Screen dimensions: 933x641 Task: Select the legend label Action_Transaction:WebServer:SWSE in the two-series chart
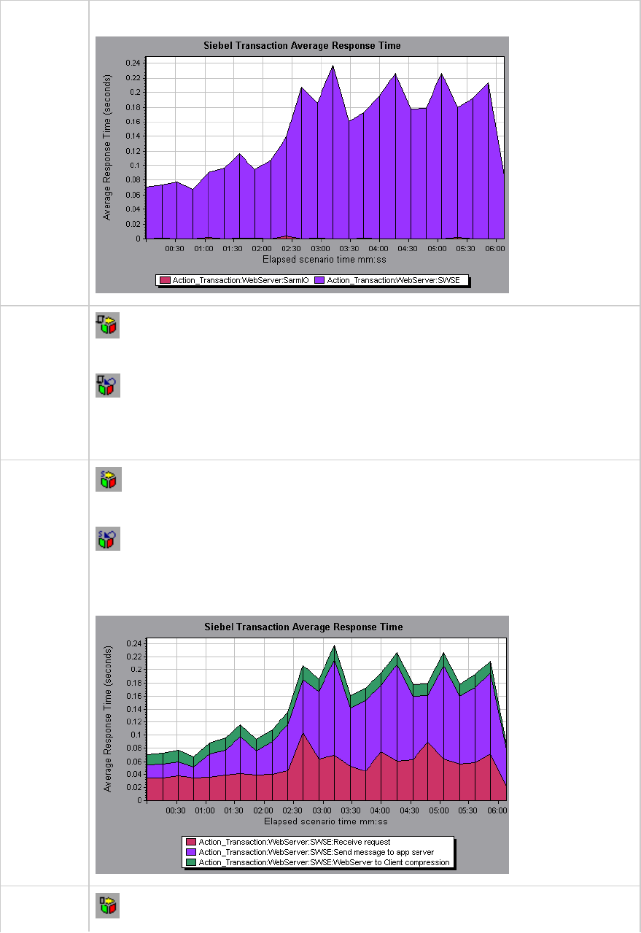[x=393, y=280]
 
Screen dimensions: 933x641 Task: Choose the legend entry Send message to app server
[x=316, y=852]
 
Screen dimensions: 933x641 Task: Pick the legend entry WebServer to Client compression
[x=324, y=862]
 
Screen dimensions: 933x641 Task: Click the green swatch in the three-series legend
[x=190, y=862]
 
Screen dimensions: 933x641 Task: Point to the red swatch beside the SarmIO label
[x=165, y=280]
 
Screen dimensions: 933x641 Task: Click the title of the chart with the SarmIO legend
[x=302, y=46]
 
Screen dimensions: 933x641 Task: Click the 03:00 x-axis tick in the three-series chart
[x=321, y=810]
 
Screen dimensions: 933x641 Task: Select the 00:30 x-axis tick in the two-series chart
[x=175, y=248]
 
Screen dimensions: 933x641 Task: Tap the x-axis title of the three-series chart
[x=322, y=821]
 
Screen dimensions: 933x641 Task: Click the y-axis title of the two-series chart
[x=107, y=146]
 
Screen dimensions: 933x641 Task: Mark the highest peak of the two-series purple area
[x=333, y=66]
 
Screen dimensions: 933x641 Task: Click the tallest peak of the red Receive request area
[x=303, y=733]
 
